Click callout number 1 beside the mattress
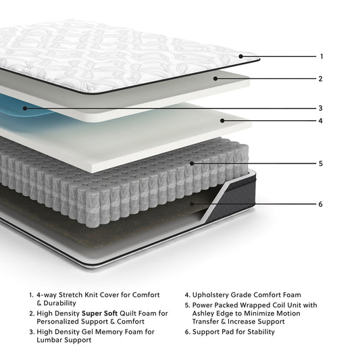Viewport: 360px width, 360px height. pyautogui.click(x=322, y=57)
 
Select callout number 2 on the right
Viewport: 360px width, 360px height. pyautogui.click(x=322, y=78)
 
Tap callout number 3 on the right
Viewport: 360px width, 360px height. pyautogui.click(x=322, y=108)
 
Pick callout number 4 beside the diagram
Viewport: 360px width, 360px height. pyautogui.click(x=322, y=122)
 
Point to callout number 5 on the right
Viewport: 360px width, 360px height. pyautogui.click(x=322, y=163)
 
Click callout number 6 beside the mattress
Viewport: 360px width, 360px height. pyautogui.click(x=322, y=204)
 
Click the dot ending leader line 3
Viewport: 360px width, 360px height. pyautogui.click(x=25, y=107)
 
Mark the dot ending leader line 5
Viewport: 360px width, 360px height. pyautogui.click(x=192, y=163)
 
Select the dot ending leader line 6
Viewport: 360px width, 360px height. pyautogui.click(x=192, y=203)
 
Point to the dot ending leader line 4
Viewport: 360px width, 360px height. pyautogui.click(x=222, y=121)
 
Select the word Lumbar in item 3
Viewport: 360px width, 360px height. pyautogui.click(x=51, y=340)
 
